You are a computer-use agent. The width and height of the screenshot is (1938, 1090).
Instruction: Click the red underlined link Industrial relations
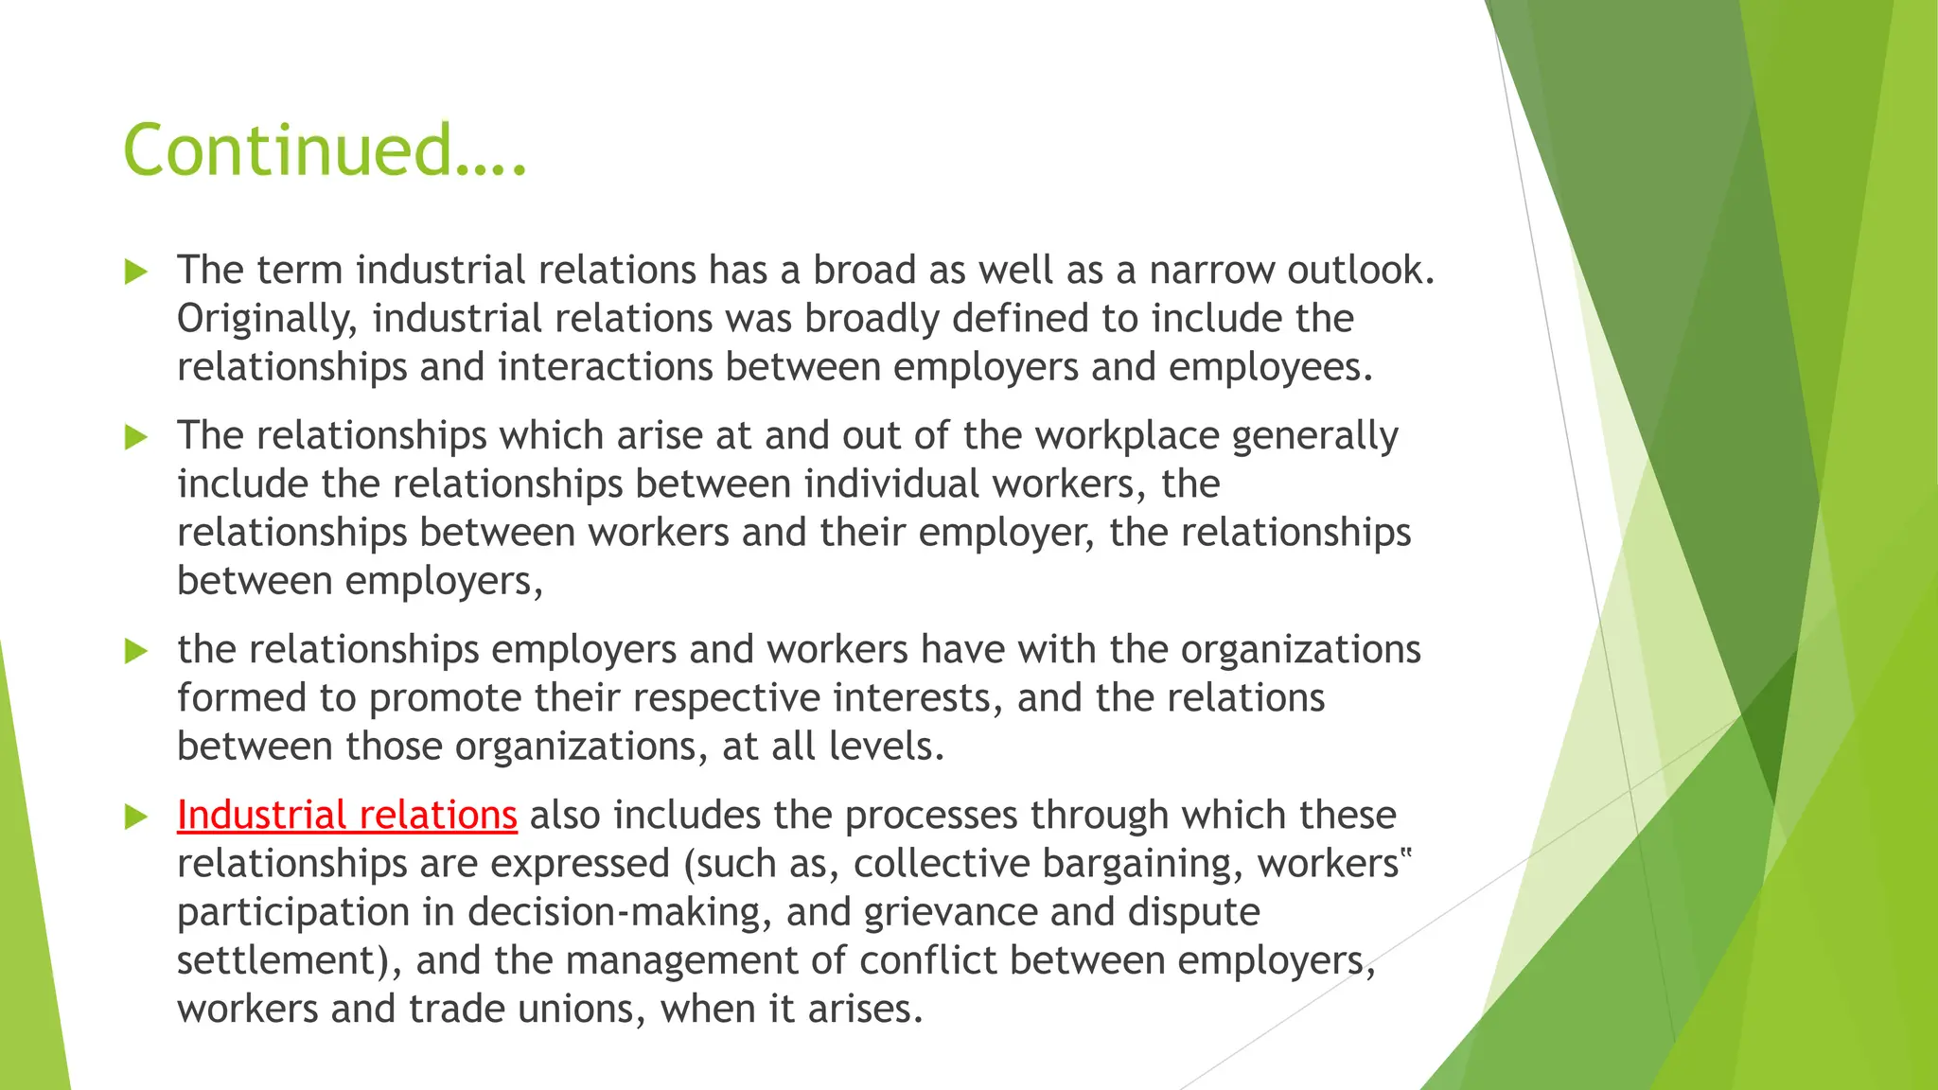[346, 816]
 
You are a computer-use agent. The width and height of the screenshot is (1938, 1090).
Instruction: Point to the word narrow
[1212, 271]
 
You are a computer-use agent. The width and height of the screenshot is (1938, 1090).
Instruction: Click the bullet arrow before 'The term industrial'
[136, 272]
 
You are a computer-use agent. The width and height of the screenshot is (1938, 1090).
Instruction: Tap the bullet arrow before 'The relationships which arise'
[136, 437]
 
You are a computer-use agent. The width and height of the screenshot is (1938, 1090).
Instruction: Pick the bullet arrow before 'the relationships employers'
[136, 651]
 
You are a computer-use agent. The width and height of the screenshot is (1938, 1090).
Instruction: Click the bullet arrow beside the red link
[136, 817]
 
